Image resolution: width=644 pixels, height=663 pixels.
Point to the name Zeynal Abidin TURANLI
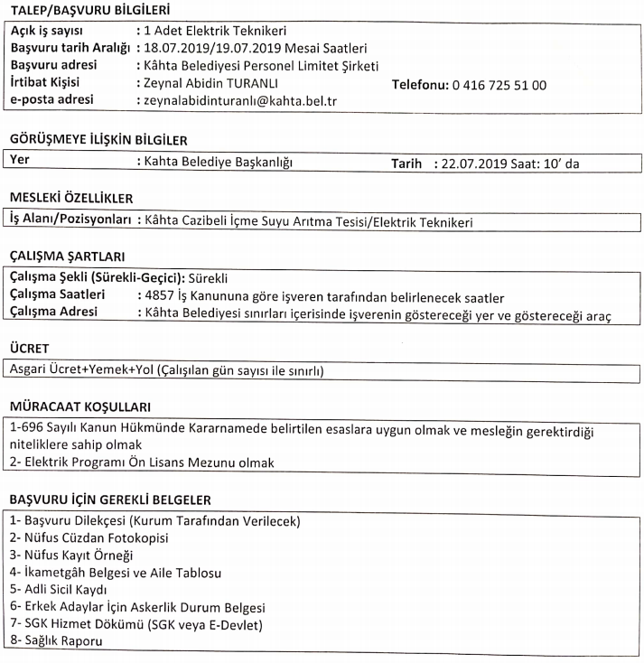[x=217, y=84]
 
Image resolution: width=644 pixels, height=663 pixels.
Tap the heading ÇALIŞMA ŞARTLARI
[x=67, y=256]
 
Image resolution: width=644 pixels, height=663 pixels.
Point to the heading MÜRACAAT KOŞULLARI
[x=79, y=406]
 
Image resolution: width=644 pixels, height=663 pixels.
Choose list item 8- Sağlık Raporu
[x=55, y=640]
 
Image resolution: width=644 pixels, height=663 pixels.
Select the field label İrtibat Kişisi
[x=51, y=84]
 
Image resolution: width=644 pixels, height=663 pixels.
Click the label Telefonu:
[x=425, y=85]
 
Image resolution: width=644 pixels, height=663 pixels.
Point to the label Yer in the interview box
[x=19, y=163]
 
